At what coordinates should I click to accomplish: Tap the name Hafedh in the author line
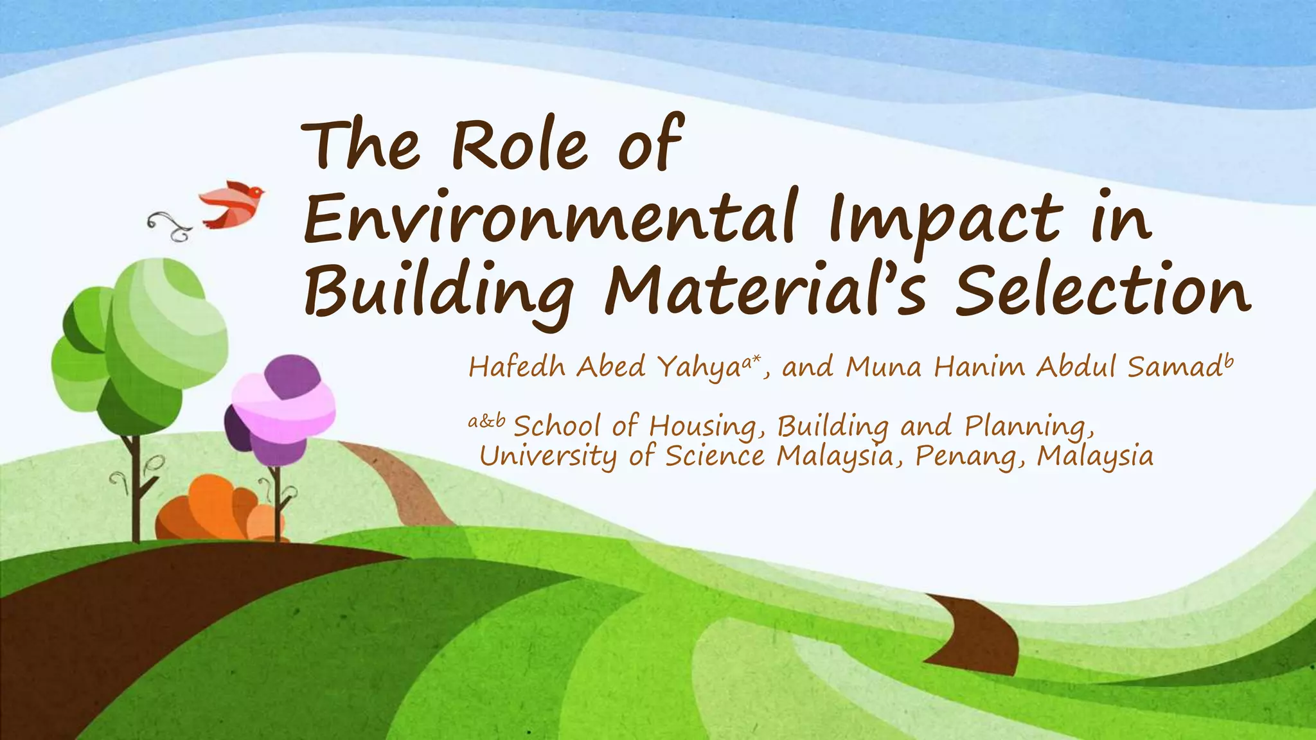(517, 367)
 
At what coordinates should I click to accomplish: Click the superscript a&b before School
(486, 421)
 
